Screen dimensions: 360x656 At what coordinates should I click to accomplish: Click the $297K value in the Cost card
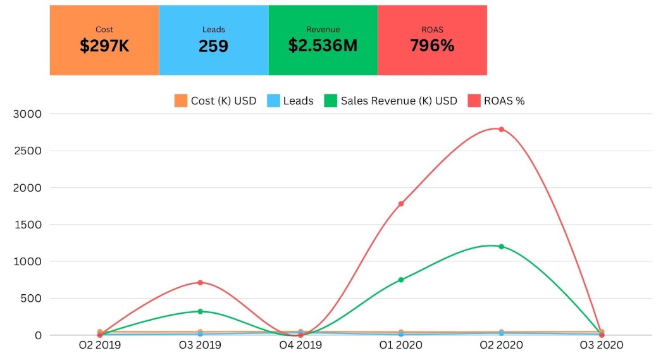(x=104, y=46)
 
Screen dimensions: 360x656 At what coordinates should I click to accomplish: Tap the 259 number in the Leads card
(x=213, y=46)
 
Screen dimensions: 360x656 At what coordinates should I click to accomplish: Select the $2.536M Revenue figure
(x=323, y=46)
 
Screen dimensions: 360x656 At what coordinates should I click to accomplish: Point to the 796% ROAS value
(x=432, y=46)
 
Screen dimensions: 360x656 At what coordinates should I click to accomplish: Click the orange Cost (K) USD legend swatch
(x=181, y=101)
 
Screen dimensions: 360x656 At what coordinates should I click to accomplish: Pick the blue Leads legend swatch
(x=273, y=101)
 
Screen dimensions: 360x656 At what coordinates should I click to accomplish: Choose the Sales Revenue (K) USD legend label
(x=399, y=101)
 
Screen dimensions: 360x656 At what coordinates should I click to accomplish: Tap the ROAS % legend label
(x=504, y=101)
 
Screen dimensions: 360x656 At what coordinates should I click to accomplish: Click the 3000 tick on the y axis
(x=27, y=114)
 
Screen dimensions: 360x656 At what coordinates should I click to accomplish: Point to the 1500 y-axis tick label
(x=27, y=225)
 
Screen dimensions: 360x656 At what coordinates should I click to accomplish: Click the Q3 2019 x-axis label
(x=200, y=345)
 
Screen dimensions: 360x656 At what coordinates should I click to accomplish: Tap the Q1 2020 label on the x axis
(x=400, y=345)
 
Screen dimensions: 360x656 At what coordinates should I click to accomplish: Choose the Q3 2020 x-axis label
(x=602, y=345)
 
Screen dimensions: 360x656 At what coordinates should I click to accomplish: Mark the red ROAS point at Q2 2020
(x=501, y=129)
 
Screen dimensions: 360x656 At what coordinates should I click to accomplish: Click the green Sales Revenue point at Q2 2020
(x=501, y=247)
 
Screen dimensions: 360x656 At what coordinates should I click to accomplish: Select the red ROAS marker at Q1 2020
(x=401, y=204)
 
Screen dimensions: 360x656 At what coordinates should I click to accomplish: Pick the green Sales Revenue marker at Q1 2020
(x=401, y=280)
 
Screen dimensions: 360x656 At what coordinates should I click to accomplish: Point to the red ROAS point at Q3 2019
(x=200, y=283)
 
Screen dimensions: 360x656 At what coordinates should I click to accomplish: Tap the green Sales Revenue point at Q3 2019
(x=200, y=311)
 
